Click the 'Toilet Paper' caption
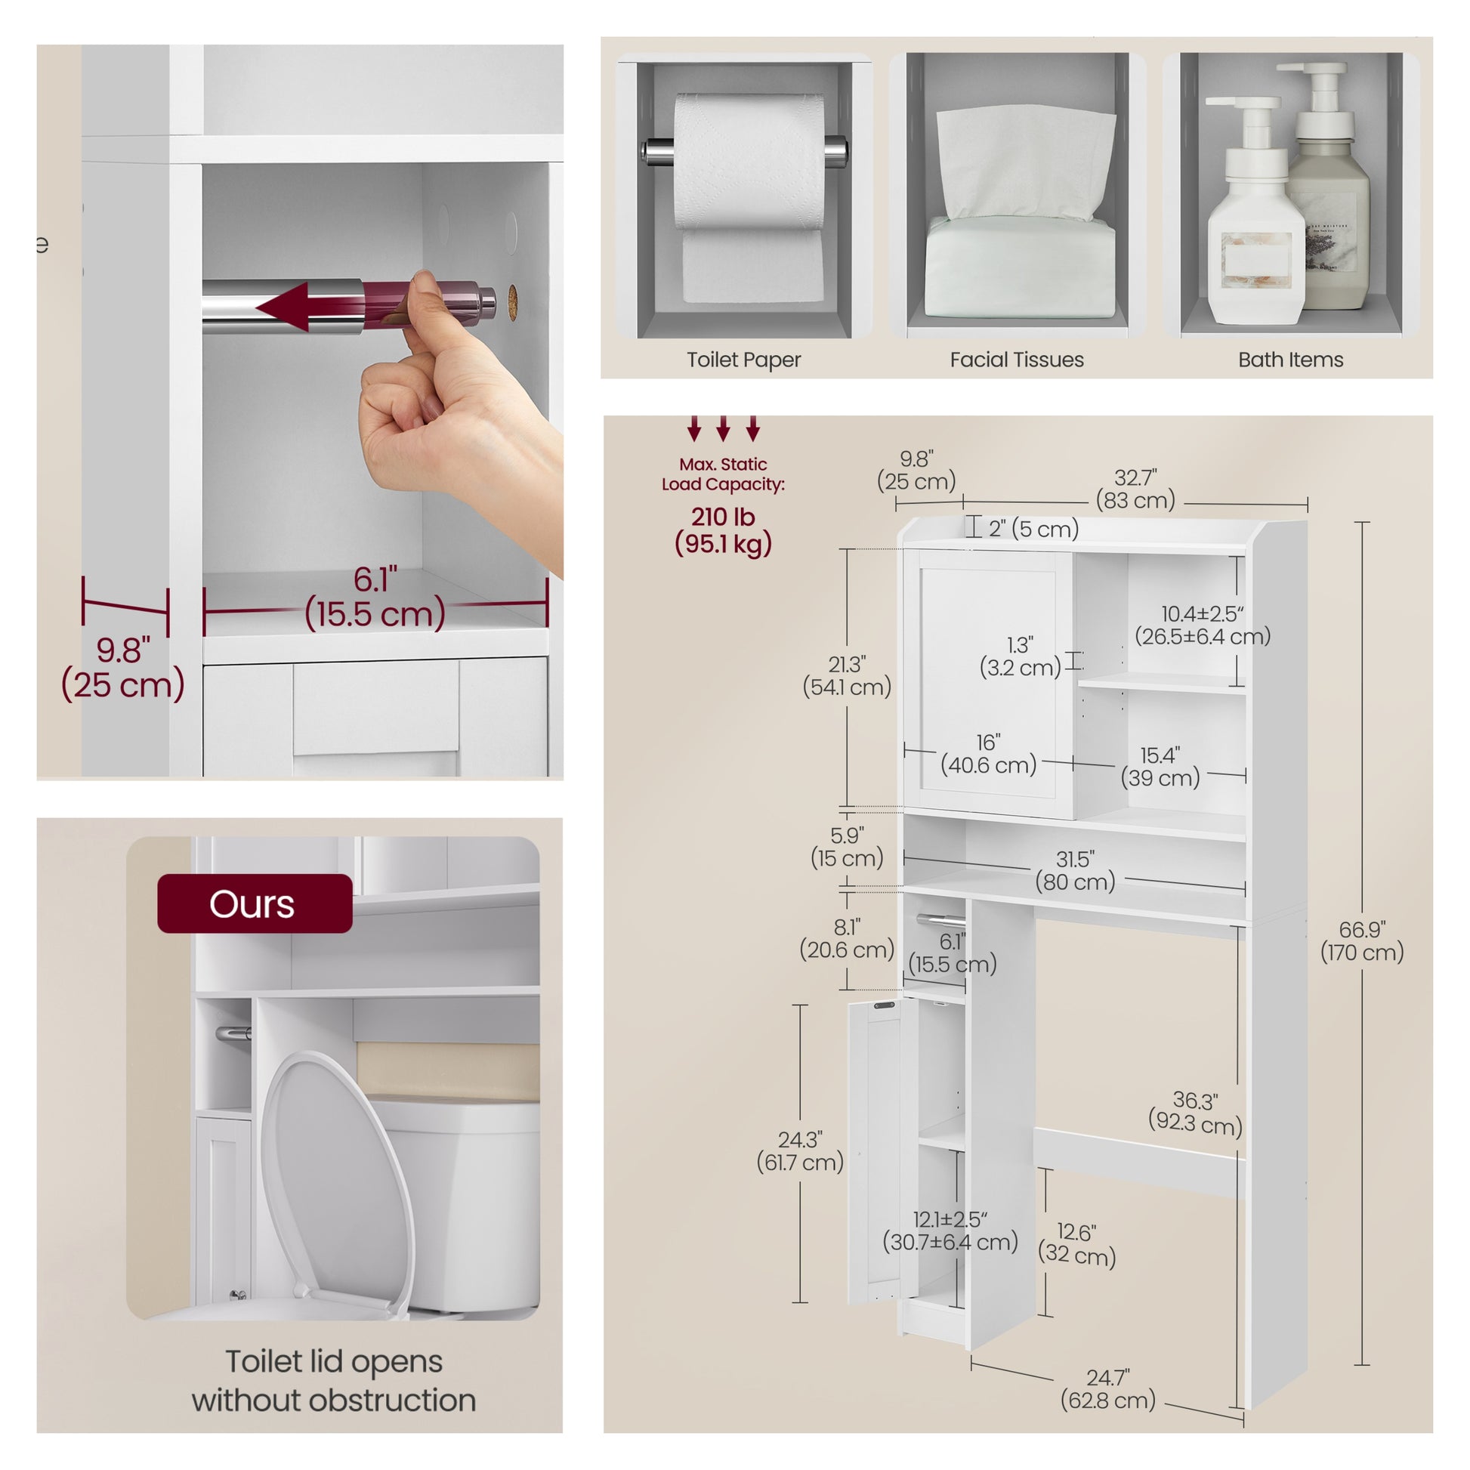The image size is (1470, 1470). click(743, 360)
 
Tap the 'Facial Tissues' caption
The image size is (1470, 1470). click(1017, 360)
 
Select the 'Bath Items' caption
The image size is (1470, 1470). click(1290, 360)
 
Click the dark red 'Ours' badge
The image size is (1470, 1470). click(255, 903)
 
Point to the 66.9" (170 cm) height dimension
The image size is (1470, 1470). click(1362, 940)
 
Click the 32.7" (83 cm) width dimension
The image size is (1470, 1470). click(1135, 489)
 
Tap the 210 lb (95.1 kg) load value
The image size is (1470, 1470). click(723, 530)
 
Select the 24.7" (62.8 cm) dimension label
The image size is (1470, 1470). click(1108, 1388)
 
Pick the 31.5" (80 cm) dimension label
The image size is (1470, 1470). click(1075, 870)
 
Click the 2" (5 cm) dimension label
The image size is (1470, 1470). click(1033, 529)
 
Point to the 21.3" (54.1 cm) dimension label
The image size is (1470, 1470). click(847, 675)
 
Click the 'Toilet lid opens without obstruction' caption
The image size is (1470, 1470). click(333, 1381)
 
